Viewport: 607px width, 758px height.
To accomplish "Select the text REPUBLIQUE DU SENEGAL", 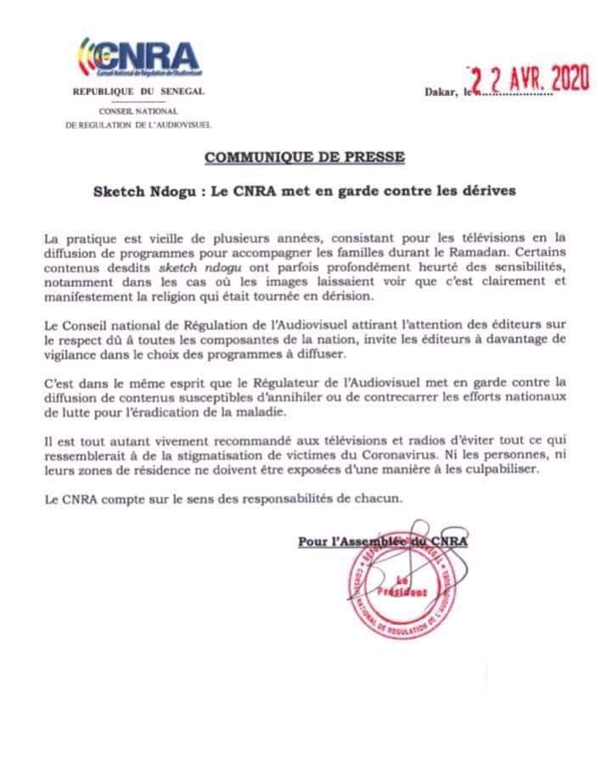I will tap(138, 92).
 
